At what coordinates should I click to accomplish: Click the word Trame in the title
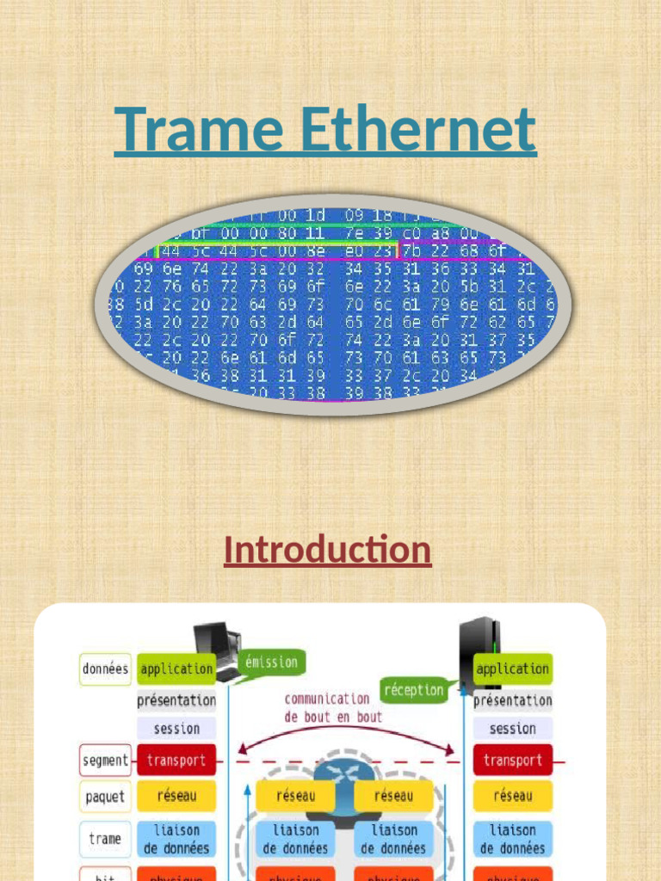tap(200, 129)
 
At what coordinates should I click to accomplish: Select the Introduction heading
tap(327, 550)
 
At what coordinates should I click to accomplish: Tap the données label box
tap(105, 668)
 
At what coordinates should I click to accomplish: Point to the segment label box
tap(105, 761)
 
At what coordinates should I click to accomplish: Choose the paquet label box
tap(105, 797)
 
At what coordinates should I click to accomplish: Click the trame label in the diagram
tap(105, 839)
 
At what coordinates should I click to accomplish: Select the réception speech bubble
tap(414, 690)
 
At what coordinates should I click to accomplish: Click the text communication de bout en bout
tap(333, 707)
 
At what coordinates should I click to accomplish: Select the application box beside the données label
tap(176, 668)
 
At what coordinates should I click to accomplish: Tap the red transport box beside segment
tap(176, 761)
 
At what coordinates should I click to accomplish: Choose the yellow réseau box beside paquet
tap(176, 797)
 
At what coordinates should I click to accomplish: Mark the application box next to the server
tap(512, 668)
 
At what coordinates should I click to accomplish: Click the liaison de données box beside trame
tap(176, 839)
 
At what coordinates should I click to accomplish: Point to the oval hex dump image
tap(326, 305)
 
